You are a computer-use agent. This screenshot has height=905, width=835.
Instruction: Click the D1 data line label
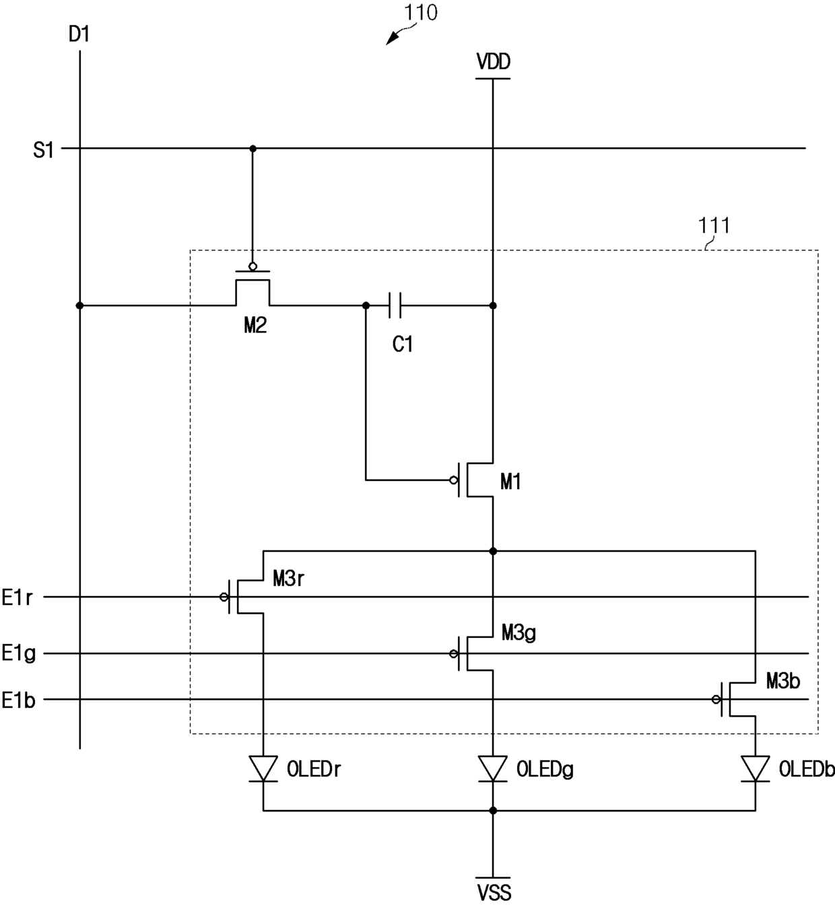(79, 34)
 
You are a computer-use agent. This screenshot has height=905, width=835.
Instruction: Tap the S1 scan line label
(43, 150)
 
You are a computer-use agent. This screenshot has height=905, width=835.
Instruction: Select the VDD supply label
(493, 61)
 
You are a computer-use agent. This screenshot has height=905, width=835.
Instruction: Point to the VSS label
(494, 892)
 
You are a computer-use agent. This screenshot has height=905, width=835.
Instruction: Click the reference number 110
(420, 13)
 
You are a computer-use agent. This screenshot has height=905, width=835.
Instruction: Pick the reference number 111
(714, 225)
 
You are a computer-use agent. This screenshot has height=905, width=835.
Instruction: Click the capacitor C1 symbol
(395, 305)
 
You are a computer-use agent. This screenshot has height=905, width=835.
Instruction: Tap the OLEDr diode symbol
(263, 769)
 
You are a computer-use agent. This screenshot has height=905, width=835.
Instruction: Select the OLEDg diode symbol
(492, 769)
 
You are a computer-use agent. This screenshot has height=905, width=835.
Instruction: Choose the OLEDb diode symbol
(755, 769)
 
